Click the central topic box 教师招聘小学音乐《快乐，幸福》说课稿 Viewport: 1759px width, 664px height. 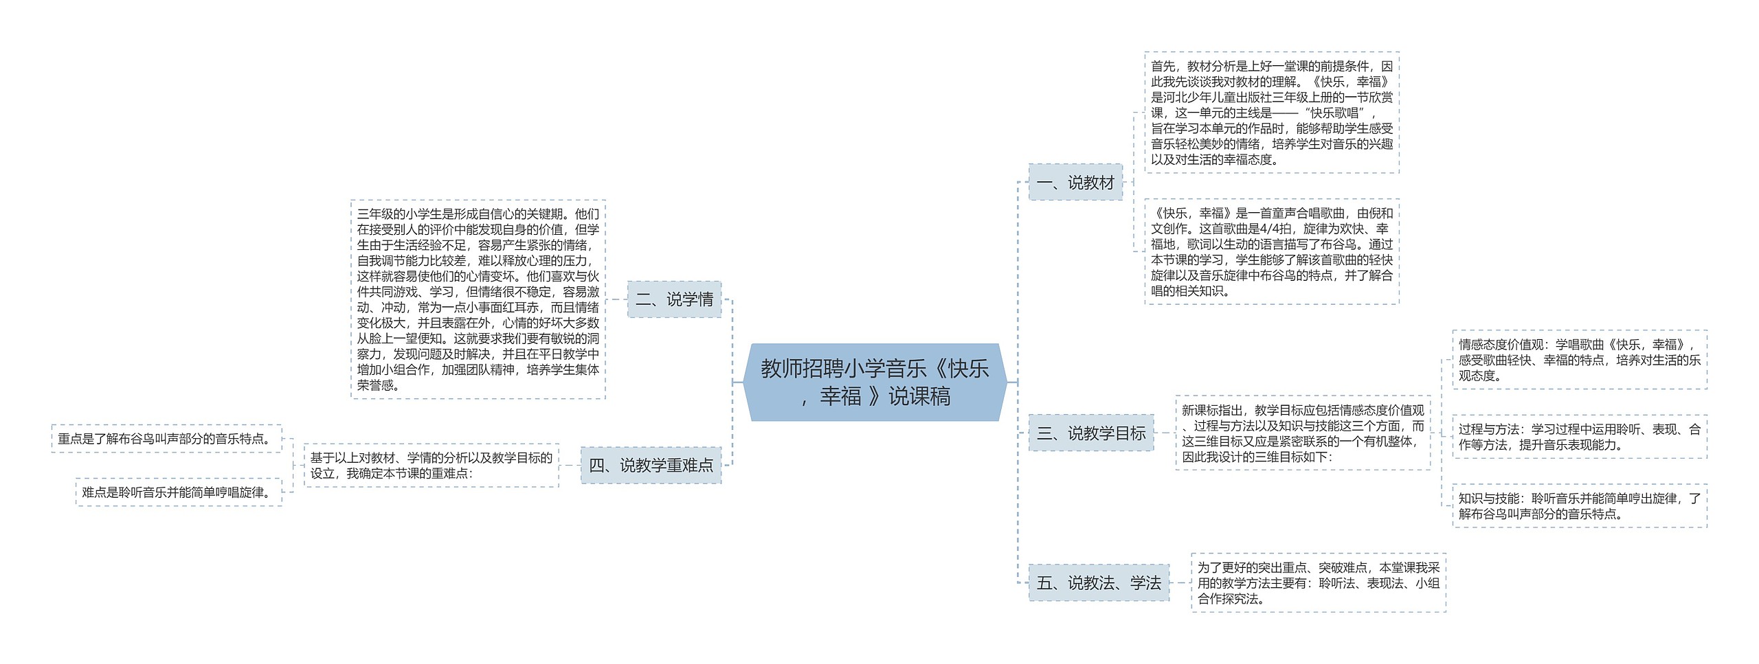(x=874, y=382)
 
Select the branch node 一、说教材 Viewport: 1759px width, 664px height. (x=1075, y=182)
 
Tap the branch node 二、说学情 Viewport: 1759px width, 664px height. (x=674, y=299)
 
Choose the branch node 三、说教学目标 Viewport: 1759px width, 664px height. (x=1090, y=433)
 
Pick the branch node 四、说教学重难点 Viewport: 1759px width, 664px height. (x=651, y=465)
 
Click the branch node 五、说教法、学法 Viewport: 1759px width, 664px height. (x=1098, y=583)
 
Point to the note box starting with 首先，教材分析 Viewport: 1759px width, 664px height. (x=1271, y=113)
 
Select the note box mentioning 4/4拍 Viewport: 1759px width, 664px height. (x=1271, y=251)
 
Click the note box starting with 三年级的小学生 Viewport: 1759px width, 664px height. (x=478, y=299)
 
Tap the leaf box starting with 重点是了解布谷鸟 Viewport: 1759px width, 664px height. (x=167, y=438)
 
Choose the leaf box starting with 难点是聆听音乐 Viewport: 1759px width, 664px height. (x=179, y=492)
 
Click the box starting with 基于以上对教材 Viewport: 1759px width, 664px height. (x=431, y=465)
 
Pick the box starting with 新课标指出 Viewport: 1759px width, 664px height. (x=1303, y=433)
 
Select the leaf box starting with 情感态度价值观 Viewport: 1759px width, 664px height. (x=1579, y=359)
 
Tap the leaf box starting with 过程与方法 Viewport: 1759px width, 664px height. (x=1579, y=437)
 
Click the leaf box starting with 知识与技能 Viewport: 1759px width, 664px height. (x=1579, y=506)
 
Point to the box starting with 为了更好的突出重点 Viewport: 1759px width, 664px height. (x=1318, y=583)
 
